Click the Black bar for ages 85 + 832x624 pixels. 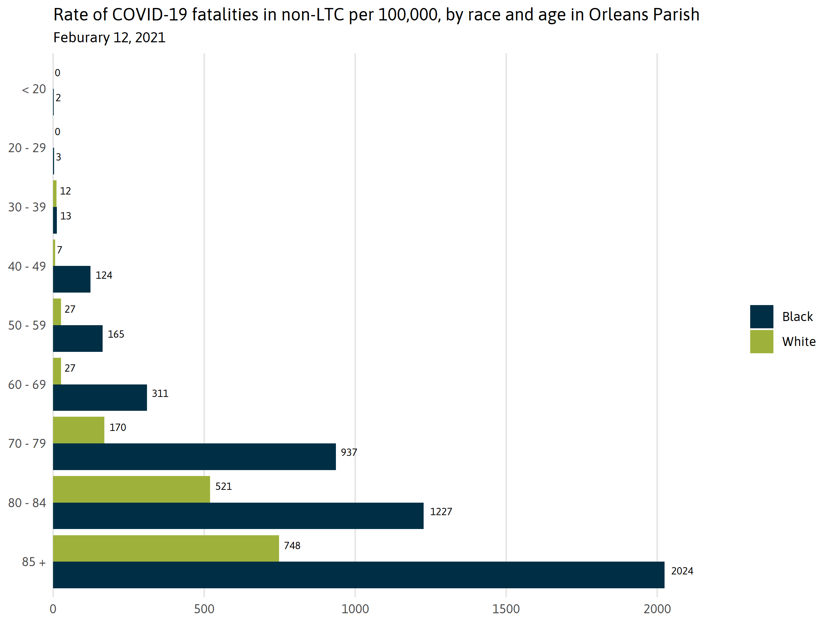[x=358, y=574]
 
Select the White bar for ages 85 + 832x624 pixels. [x=166, y=548]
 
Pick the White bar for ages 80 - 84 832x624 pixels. [x=131, y=489]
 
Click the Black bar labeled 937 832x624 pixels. [x=194, y=456]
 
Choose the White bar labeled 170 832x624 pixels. [x=79, y=430]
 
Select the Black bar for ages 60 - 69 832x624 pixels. [x=100, y=397]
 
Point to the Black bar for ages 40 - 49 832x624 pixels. [x=71, y=279]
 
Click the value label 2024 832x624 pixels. [x=682, y=571]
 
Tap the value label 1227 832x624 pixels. [x=441, y=512]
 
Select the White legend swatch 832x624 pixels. [x=761, y=341]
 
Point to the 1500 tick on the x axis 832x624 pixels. [x=506, y=609]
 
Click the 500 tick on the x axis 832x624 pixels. [x=204, y=609]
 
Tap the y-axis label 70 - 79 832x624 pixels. [x=27, y=443]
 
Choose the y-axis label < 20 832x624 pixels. [x=34, y=89]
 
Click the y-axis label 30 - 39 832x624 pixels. [x=27, y=207]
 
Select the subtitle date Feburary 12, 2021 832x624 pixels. [x=110, y=37]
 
